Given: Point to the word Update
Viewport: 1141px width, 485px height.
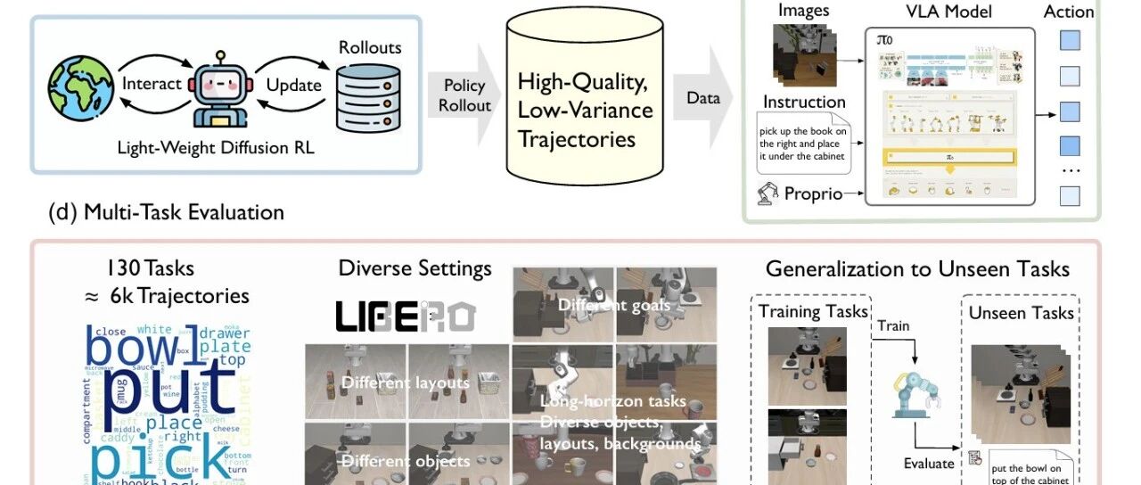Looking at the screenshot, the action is coord(293,85).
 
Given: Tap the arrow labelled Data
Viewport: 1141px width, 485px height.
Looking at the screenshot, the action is coord(704,98).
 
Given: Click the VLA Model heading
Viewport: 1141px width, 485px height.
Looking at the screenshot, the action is coord(948,12).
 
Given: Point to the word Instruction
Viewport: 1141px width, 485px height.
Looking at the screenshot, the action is coord(803,103).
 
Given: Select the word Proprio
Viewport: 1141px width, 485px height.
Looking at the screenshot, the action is coord(813,193).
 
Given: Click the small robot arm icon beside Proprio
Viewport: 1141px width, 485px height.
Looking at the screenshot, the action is coord(767,193).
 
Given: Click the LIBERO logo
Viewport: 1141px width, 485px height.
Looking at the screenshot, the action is coord(406,316).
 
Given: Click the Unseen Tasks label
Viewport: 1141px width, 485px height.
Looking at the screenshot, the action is coord(1022,312).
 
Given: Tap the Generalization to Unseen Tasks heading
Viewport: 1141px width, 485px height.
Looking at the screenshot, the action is coord(917,269).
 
